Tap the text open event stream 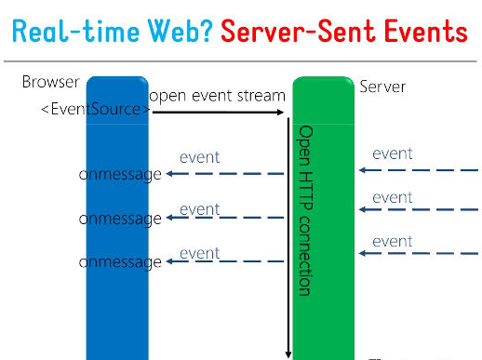point(217,95)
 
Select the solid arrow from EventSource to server point(219,113)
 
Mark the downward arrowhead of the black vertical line point(288,353)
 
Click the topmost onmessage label point(120,174)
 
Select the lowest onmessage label point(120,262)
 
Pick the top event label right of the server point(392,153)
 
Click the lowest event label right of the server point(392,242)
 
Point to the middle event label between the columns point(199,209)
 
